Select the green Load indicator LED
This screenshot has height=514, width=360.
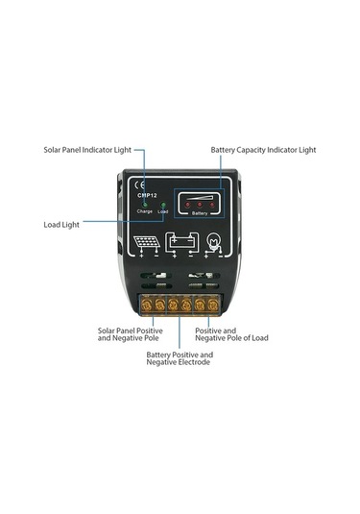coord(163,204)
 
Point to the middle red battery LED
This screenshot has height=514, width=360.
coord(201,203)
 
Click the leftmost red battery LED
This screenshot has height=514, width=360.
coord(188,204)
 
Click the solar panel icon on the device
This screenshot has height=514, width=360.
coord(147,242)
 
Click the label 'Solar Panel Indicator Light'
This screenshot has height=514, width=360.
coord(87,150)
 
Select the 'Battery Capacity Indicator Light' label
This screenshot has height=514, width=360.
coord(263,150)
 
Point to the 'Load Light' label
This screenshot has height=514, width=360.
coord(61,224)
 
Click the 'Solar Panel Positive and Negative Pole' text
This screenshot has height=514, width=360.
coord(130,334)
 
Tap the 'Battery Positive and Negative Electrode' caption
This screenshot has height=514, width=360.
coord(180,358)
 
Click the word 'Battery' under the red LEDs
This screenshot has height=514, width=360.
coord(200,212)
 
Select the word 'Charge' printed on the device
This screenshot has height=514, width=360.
coord(144,211)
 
